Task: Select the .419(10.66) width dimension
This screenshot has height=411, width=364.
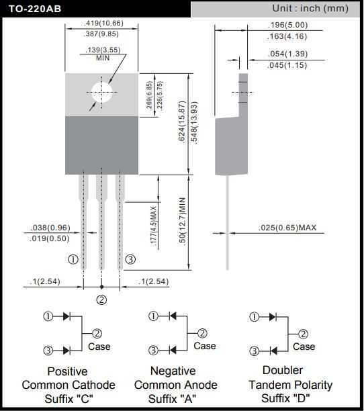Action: point(103,24)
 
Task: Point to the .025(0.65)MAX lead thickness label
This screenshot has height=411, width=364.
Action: point(287,228)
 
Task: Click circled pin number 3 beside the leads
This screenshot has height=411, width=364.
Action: point(130,259)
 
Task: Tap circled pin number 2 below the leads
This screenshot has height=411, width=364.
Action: point(102,300)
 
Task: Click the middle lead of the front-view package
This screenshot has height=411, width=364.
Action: point(102,222)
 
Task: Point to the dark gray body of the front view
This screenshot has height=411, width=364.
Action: point(101,144)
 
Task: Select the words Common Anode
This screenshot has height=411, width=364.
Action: point(175,385)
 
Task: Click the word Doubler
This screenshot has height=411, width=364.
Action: point(283,370)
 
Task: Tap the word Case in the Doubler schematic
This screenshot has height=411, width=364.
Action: point(304,347)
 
